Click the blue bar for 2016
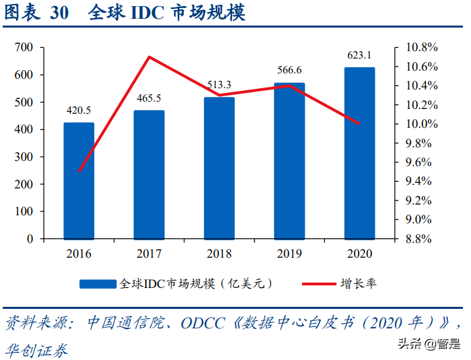pyautogui.click(x=79, y=180)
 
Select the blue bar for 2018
pyautogui.click(x=219, y=168)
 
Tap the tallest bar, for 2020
pyautogui.click(x=359, y=153)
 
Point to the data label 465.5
pyautogui.click(x=149, y=99)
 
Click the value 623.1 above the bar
pyautogui.click(x=359, y=55)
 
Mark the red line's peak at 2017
pyautogui.click(x=149, y=57)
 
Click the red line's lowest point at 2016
pyautogui.click(x=79, y=171)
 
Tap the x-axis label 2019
pyautogui.click(x=289, y=254)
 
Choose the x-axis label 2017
pyautogui.click(x=149, y=254)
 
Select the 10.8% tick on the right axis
pyautogui.click(x=422, y=47)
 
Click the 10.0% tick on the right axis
pyautogui.click(x=422, y=124)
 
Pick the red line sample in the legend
pyautogui.click(x=312, y=284)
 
